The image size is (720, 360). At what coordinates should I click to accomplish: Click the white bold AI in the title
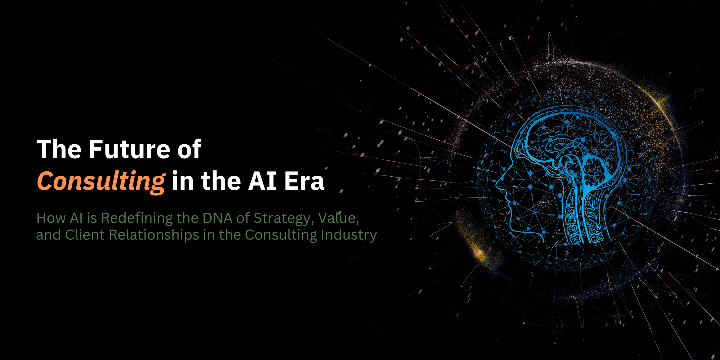262,181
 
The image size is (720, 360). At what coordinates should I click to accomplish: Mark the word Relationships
154,235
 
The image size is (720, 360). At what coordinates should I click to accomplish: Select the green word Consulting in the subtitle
281,235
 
